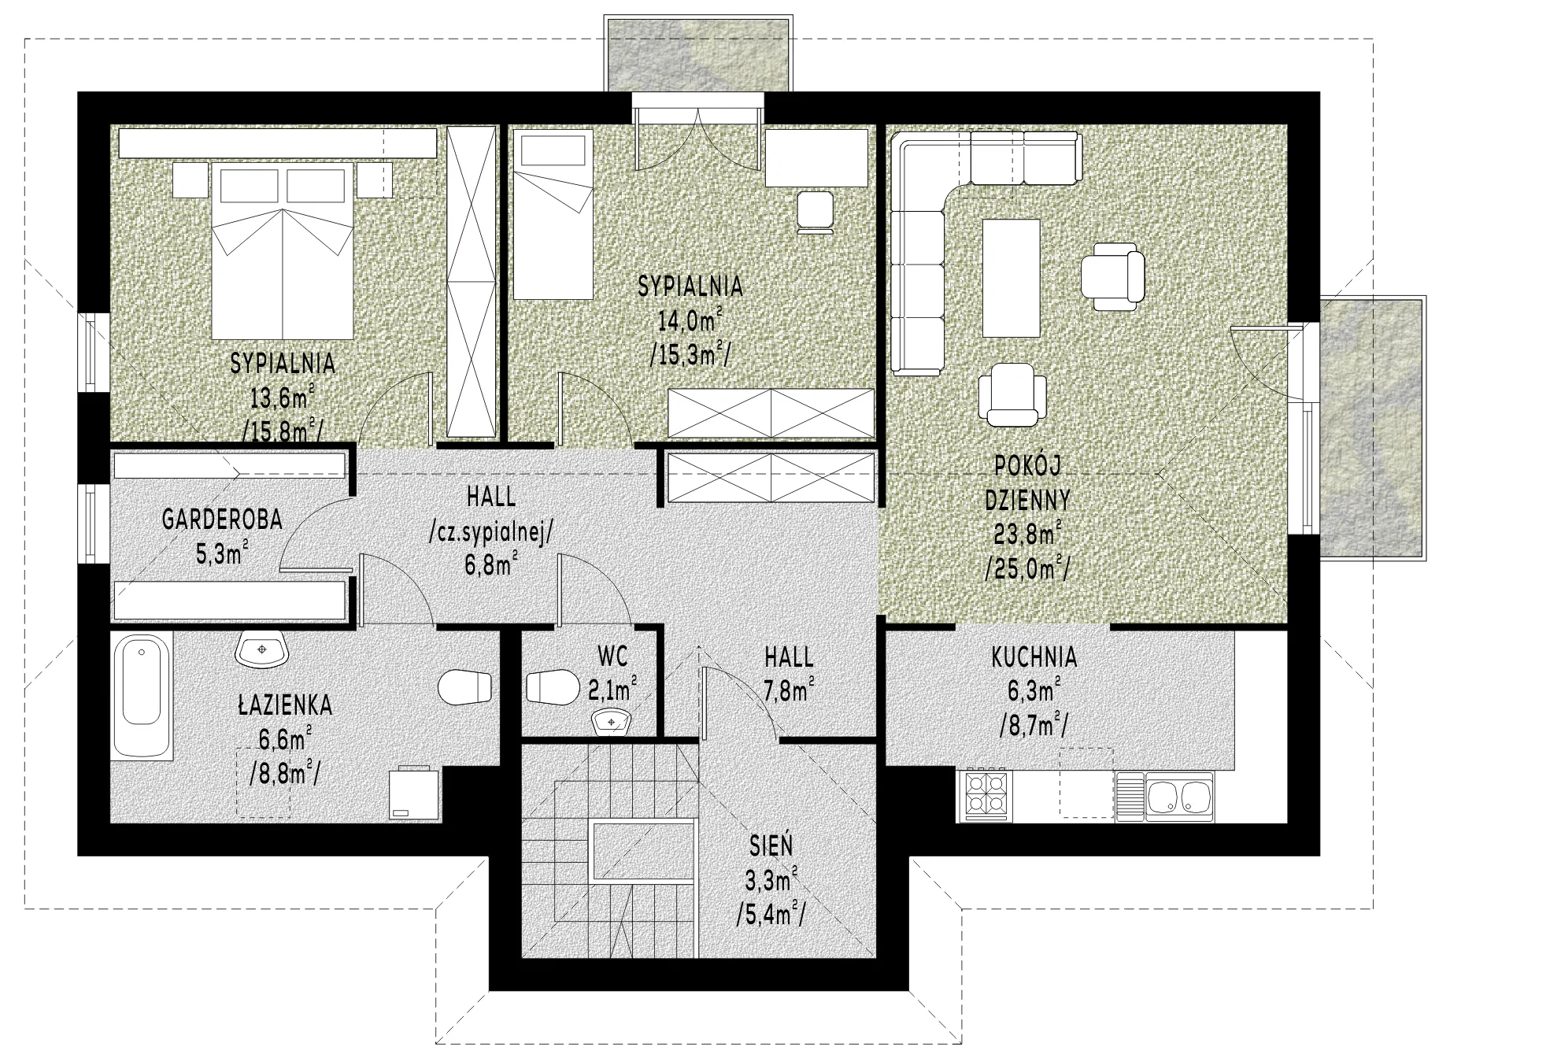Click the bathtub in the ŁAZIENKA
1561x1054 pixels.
142,695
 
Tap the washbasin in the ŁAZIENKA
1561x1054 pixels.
262,649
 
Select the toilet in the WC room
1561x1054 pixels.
549,686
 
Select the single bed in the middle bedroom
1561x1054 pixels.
553,215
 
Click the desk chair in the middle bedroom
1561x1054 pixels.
816,212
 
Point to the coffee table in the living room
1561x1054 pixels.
1012,277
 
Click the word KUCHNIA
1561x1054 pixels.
1034,656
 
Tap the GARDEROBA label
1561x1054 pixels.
222,520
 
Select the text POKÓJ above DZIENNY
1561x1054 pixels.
1027,466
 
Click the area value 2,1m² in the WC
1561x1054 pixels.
612,690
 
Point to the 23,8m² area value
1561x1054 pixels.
1027,535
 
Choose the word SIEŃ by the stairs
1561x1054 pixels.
771,845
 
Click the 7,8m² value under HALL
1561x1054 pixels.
789,691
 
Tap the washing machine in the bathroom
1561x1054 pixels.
415,793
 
